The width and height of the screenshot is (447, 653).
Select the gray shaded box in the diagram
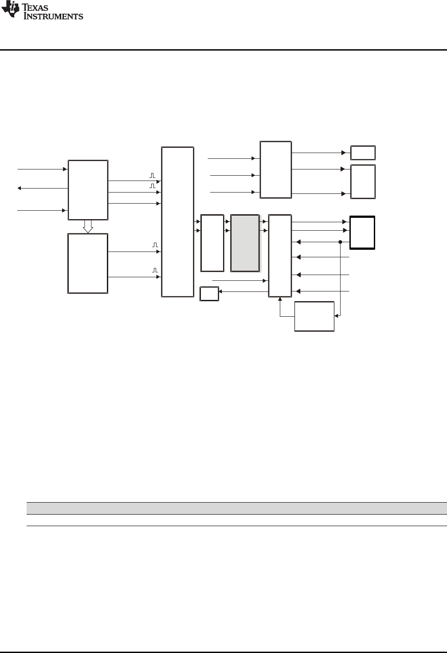pos(245,243)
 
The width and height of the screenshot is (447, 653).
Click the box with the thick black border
pos(362,233)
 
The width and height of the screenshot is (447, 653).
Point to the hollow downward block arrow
pos(88,226)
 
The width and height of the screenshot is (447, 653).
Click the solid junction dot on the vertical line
pos(340,242)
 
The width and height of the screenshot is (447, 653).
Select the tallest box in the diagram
pos(177,222)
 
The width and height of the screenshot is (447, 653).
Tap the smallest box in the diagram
pos(209,294)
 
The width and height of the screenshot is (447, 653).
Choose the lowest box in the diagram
pos(314,316)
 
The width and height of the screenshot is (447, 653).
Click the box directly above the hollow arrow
pos(88,190)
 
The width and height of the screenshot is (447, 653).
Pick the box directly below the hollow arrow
pos(88,263)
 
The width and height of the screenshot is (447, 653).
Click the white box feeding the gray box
pos(212,243)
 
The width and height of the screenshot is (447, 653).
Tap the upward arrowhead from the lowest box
pos(280,299)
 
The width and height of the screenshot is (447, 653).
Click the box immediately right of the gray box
pos(280,256)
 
